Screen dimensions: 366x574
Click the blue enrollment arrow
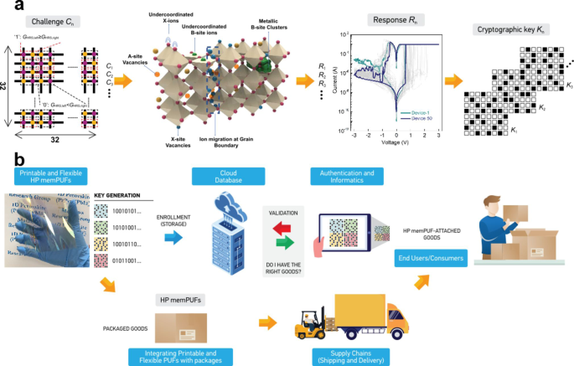tap(173, 238)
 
